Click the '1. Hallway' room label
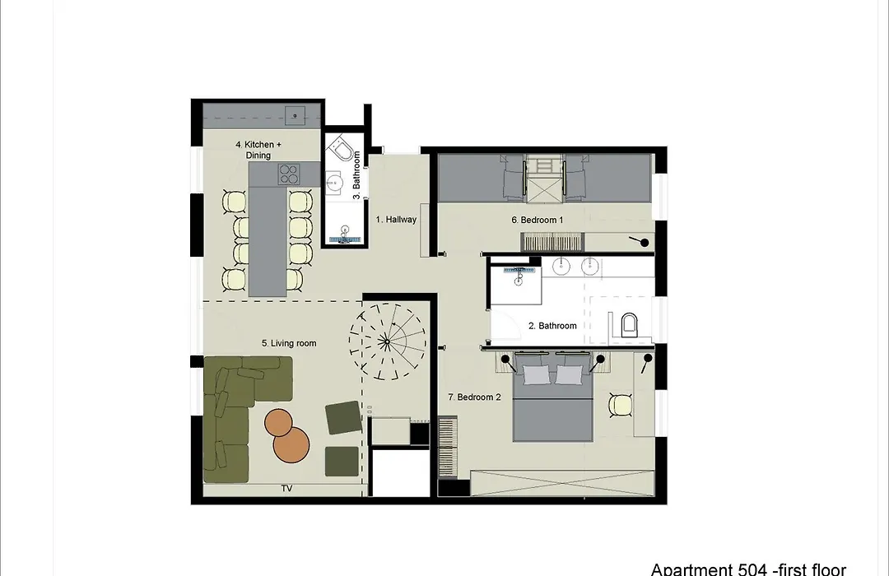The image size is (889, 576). click(396, 220)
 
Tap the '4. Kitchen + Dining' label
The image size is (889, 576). click(258, 150)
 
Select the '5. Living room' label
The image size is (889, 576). click(289, 343)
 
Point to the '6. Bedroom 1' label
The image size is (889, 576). click(538, 220)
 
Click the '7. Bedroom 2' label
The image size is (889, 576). click(475, 397)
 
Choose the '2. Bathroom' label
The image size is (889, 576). click(553, 326)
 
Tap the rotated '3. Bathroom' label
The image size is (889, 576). click(356, 175)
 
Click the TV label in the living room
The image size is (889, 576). click(287, 488)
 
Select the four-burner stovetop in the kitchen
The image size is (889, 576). click(289, 174)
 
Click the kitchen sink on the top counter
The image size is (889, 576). click(295, 116)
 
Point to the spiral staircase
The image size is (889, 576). click(387, 341)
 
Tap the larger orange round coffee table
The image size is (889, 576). click(291, 444)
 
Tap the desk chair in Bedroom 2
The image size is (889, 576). click(621, 405)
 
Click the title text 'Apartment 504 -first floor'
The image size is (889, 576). click(748, 569)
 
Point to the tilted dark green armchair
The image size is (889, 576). click(343, 417)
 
